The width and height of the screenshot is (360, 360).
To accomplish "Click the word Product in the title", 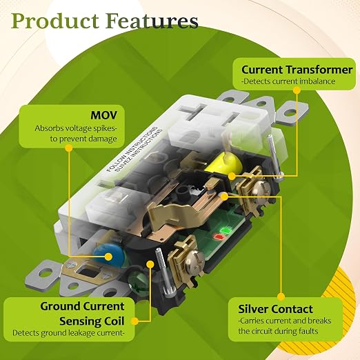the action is tap(55, 21).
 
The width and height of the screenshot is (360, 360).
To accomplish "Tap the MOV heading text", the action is tap(103, 115).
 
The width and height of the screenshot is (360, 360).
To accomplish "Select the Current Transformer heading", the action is tap(297, 70).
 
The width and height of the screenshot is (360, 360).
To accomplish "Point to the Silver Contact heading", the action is tap(275, 309).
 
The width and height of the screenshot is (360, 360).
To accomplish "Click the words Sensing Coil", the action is tap(92, 321).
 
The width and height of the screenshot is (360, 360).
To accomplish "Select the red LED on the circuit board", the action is tap(219, 237).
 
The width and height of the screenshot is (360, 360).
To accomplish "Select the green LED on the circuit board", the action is tap(226, 230).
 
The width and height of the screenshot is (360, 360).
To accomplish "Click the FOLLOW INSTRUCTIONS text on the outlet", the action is tap(132, 150).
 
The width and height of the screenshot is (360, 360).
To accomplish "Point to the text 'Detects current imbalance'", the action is tap(288, 81).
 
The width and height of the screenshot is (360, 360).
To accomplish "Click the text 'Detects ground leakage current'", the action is tap(68, 333).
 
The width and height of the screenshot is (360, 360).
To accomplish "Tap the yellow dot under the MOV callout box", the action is tap(69, 148).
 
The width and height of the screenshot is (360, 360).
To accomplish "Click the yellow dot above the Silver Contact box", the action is tap(281, 297).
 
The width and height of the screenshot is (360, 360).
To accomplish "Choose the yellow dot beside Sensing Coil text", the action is tap(135, 321).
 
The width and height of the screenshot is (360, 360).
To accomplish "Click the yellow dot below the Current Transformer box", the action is tap(297, 90).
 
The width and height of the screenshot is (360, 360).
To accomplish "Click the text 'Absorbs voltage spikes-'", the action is tap(76, 128).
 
